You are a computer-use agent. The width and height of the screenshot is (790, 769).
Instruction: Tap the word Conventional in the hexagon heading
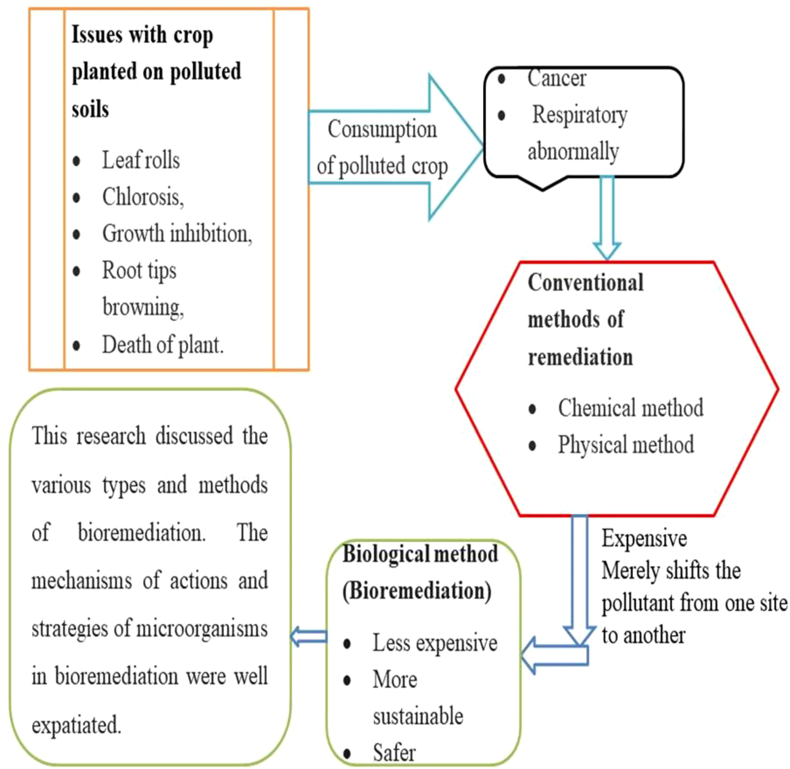pos(585,282)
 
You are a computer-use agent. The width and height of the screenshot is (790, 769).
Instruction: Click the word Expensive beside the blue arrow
pos(644,538)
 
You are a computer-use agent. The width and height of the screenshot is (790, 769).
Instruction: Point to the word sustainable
pos(418,716)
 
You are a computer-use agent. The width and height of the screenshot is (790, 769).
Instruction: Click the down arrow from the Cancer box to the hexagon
pos(607,218)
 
